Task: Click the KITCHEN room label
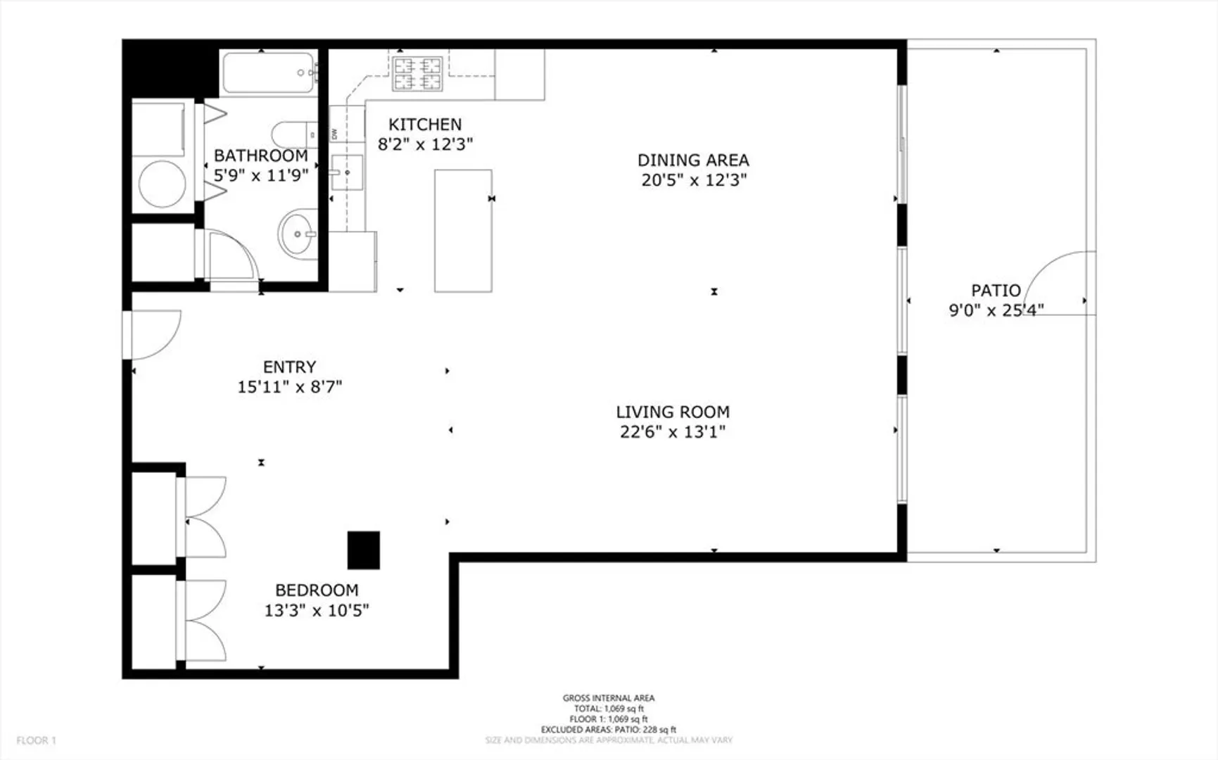(425, 125)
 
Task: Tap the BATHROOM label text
(261, 156)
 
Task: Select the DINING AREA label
(693, 160)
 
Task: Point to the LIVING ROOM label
(673, 412)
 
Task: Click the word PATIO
(996, 291)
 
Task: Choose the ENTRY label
(289, 367)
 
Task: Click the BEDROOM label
(317, 590)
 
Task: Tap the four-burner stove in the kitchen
(418, 74)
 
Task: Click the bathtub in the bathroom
(269, 73)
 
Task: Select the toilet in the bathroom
(293, 134)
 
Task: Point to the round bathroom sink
(298, 234)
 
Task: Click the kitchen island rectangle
(463, 231)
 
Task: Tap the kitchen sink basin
(347, 172)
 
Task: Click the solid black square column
(364, 550)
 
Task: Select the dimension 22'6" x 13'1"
(673, 432)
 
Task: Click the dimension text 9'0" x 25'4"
(996, 310)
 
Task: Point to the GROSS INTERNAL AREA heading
(609, 698)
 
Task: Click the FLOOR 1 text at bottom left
(36, 740)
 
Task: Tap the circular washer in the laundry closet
(163, 184)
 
